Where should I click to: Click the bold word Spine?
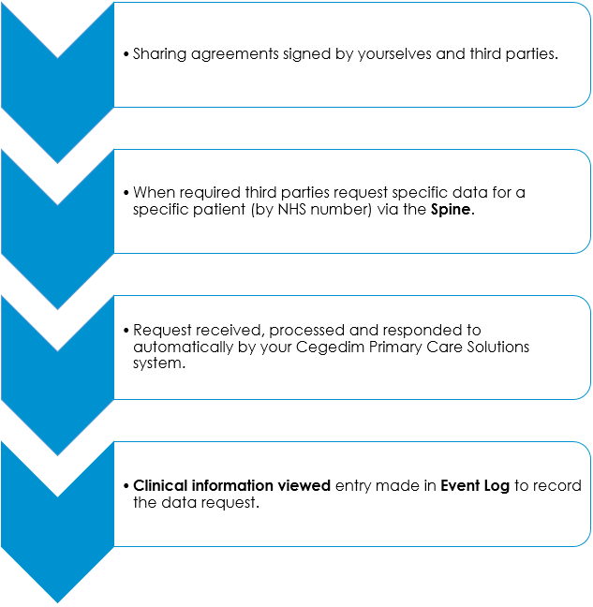[x=452, y=210]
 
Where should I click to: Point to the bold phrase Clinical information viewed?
[x=231, y=486]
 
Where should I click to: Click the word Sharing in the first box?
[x=158, y=54]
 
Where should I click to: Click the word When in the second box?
[x=153, y=193]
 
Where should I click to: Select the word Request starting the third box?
[x=162, y=331]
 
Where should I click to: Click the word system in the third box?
[x=156, y=363]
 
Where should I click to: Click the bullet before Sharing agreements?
[x=126, y=55]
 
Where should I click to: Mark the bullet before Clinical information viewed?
[x=126, y=487]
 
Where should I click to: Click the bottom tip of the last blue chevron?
[x=58, y=601]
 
